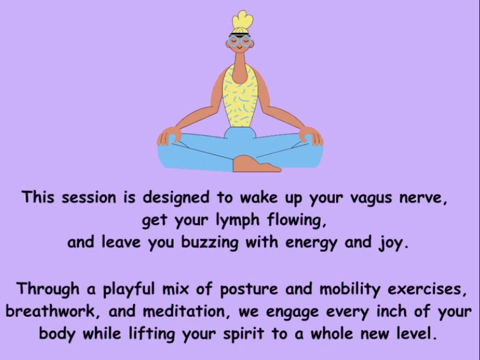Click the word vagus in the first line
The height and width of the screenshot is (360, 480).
click(371, 198)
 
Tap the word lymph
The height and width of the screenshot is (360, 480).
click(237, 220)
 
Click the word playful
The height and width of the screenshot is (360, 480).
click(128, 289)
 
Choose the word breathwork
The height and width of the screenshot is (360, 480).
click(50, 312)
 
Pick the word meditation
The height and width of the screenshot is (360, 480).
click(183, 312)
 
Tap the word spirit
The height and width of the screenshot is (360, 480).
click(243, 335)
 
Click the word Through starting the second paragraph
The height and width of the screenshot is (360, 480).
click(48, 289)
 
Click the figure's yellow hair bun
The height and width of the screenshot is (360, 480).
click(242, 20)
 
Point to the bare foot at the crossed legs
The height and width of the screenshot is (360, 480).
click(255, 164)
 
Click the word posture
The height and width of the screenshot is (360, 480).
click(248, 289)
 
